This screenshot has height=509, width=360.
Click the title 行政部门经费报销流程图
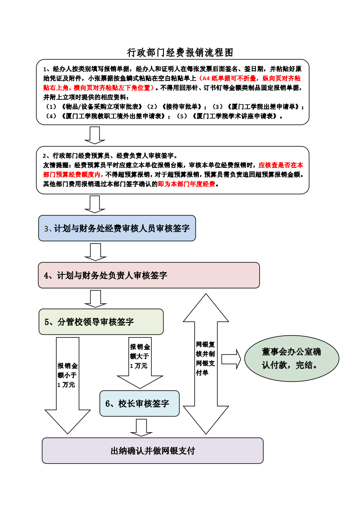tap(180, 53)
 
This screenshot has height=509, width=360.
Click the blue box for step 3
tap(117, 228)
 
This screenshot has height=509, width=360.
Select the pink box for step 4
tap(148, 275)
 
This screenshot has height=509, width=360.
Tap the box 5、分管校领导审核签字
tap(101, 322)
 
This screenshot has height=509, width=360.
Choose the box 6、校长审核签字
tap(139, 403)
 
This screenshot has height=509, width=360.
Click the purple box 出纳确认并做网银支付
tap(153, 450)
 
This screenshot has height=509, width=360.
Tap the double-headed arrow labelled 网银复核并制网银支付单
tap(205, 363)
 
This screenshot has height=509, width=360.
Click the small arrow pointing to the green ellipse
tap(232, 359)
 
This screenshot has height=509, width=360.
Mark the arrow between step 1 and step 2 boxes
tap(95, 135)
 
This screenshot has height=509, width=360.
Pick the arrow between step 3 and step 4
tap(95, 252)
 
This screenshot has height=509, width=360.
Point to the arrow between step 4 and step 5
tap(95, 299)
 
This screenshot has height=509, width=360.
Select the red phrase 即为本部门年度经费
tap(187, 184)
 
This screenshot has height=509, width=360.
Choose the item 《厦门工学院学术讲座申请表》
tap(235, 116)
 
